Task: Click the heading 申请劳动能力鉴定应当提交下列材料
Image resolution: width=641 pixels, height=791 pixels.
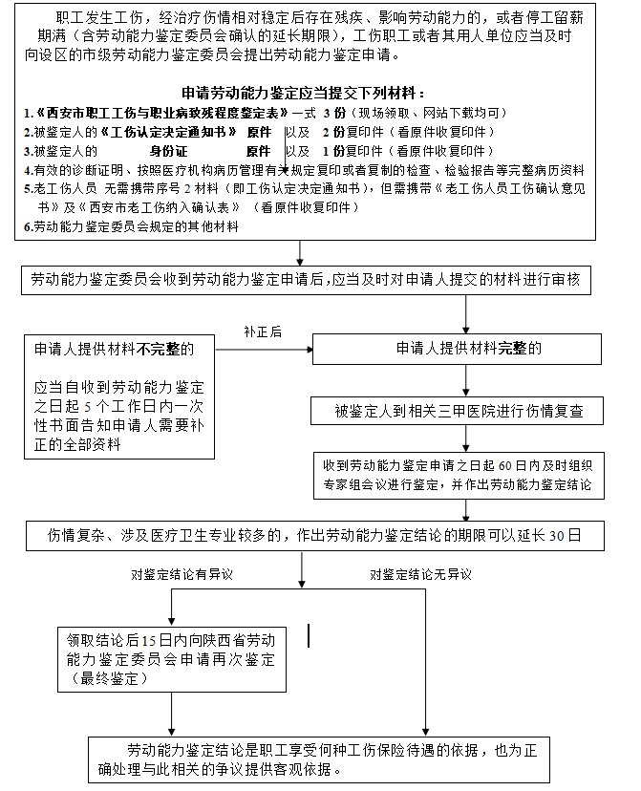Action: pos(302,94)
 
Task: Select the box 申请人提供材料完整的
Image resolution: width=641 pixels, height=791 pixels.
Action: pos(468,348)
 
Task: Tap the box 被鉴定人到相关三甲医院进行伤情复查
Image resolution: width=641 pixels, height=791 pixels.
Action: pos(467,412)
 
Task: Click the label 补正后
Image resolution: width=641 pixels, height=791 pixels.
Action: pos(262,331)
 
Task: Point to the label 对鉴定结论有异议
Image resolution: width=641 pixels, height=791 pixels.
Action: pos(182,574)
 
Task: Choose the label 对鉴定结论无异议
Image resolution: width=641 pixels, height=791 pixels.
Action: pos(420,574)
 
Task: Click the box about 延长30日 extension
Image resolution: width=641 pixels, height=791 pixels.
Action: pos(314,535)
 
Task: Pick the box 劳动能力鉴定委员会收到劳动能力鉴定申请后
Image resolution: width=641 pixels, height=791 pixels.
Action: pos(314,280)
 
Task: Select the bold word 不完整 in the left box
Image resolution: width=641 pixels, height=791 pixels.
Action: pos(163,349)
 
